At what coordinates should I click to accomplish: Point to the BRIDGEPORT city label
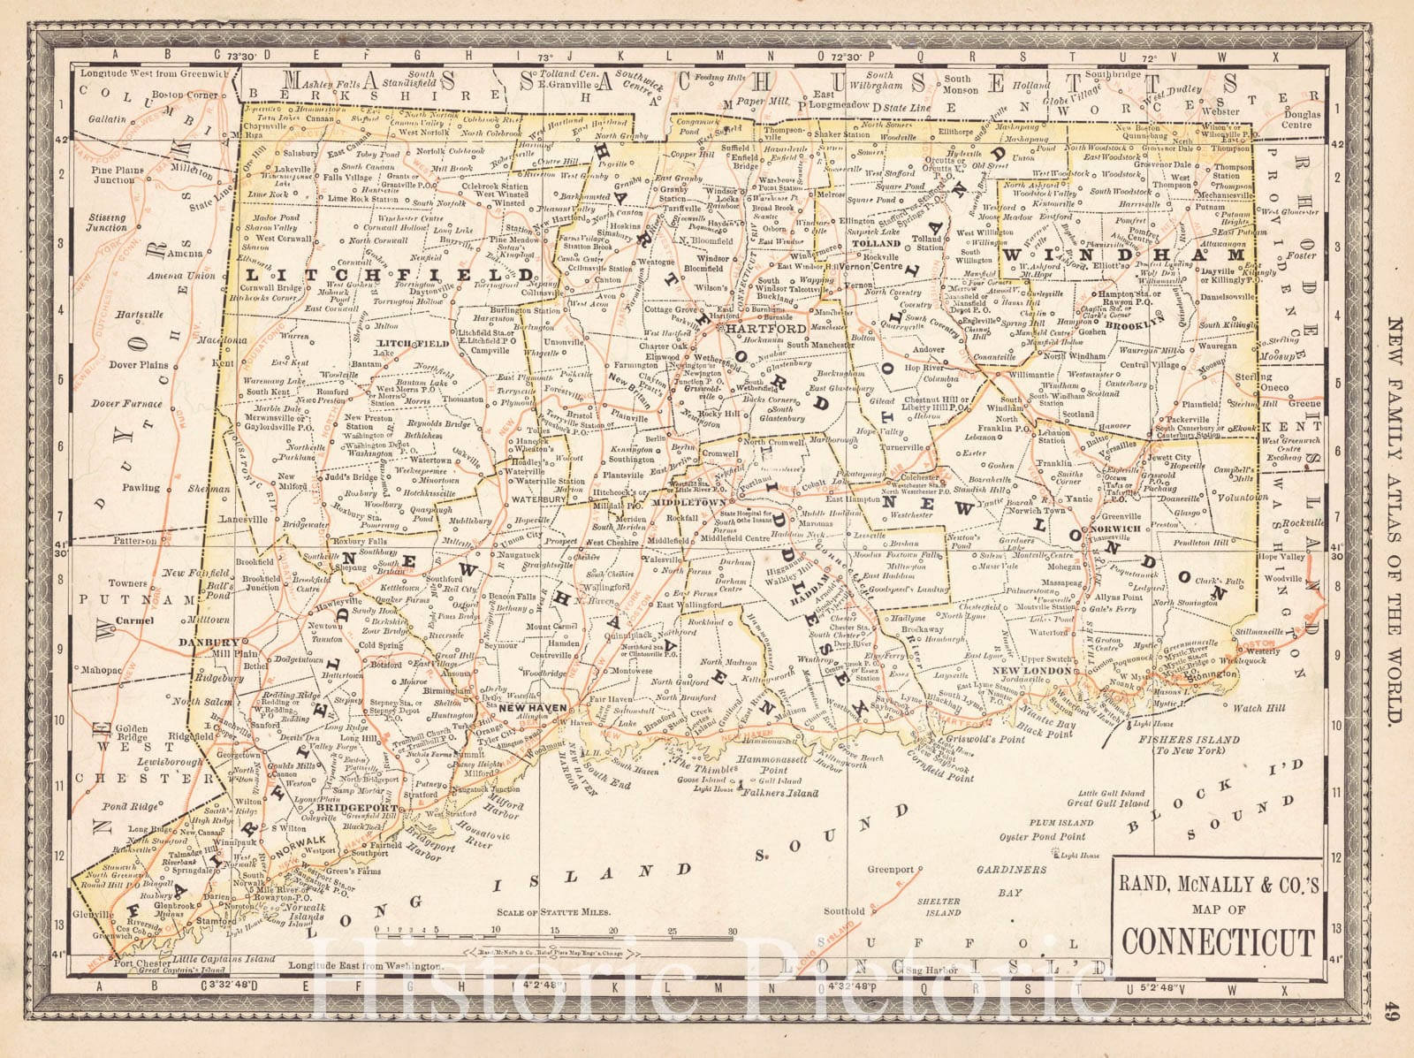pos(347,808)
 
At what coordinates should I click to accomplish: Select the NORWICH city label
pos(1116,529)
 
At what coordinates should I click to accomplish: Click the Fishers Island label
pos(1189,740)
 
